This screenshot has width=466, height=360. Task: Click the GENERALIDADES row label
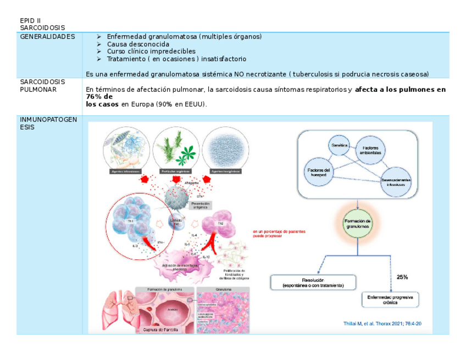click(x=47, y=37)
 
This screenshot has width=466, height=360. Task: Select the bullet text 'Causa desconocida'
click(x=138, y=44)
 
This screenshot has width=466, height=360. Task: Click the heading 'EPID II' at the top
click(x=30, y=20)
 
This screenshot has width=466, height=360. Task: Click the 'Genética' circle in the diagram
click(x=340, y=146)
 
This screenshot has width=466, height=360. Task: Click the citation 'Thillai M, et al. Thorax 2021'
click(x=382, y=323)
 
